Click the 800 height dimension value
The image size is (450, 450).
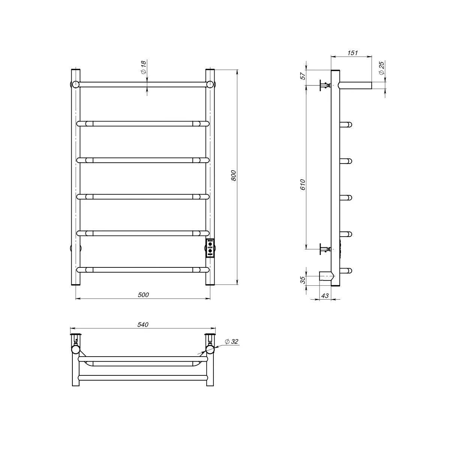click(x=234, y=175)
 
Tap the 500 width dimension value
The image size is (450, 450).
click(x=143, y=295)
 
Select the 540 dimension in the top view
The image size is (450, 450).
click(x=143, y=325)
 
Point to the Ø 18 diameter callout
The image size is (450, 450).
click(x=143, y=67)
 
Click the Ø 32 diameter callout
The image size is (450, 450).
click(x=231, y=341)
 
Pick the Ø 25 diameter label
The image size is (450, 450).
click(x=381, y=68)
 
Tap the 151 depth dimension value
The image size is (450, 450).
click(x=352, y=53)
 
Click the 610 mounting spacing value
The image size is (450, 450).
click(x=303, y=184)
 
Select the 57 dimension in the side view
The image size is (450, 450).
click(x=303, y=76)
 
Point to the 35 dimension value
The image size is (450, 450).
click(x=303, y=280)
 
